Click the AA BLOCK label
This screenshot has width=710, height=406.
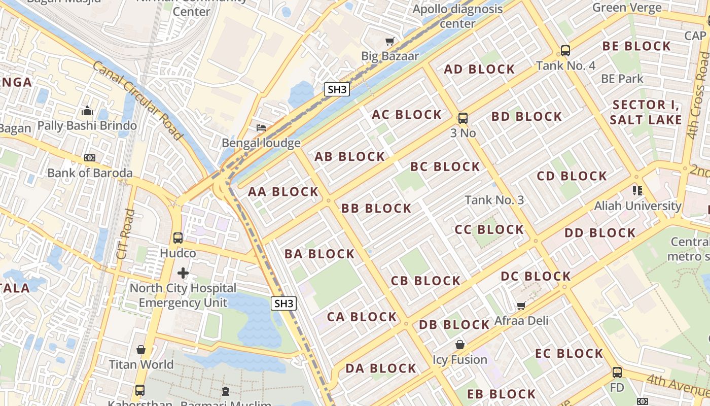coord(283,192)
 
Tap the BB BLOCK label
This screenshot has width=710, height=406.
coord(376,209)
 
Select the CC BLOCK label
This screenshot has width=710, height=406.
coord(489,229)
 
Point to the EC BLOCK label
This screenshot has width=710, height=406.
coord(569,353)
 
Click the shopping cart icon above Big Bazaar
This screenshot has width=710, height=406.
coord(389,41)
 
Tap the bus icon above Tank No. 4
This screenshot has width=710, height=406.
coord(565,51)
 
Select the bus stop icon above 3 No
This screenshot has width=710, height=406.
coord(463,118)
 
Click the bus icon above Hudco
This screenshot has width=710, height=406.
coord(177,238)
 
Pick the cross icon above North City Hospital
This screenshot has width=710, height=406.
coord(183,274)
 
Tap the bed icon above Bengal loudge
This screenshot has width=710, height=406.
coord(261,128)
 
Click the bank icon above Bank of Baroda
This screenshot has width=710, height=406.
coord(90,158)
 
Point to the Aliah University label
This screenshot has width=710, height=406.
coord(637,206)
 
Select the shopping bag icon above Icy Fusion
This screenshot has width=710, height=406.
coord(459,345)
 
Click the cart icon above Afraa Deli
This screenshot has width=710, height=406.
coord(521,306)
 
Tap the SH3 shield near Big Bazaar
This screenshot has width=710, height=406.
coord(337,90)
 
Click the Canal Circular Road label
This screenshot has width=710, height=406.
coord(137,100)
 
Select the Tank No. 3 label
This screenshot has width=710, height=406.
coord(494,200)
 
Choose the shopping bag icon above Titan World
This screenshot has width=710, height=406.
coord(141,350)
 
